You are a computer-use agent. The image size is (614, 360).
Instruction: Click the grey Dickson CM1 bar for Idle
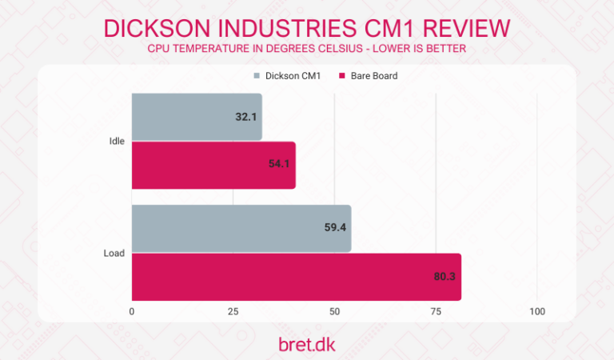(x=197, y=117)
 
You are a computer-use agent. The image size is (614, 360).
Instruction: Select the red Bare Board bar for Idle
(x=213, y=166)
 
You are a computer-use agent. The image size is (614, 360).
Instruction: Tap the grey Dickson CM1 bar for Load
(x=241, y=228)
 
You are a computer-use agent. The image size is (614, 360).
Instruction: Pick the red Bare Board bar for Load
(x=296, y=277)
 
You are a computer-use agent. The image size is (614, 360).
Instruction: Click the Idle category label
(x=116, y=142)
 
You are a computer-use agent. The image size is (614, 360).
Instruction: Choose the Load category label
(x=114, y=253)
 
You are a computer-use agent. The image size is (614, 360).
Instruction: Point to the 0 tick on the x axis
(x=132, y=311)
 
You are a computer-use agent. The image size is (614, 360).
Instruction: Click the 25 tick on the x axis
(x=233, y=311)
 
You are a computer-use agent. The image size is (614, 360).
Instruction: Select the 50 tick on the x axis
(x=334, y=311)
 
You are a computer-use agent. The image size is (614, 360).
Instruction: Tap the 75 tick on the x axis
(x=436, y=311)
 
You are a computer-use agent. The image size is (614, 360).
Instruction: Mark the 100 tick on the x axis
(x=536, y=311)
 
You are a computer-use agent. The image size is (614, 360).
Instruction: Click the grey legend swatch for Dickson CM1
(x=256, y=76)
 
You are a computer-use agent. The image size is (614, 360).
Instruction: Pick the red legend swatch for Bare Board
(x=341, y=76)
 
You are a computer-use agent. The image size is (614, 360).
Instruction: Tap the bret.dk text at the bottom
(x=306, y=343)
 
